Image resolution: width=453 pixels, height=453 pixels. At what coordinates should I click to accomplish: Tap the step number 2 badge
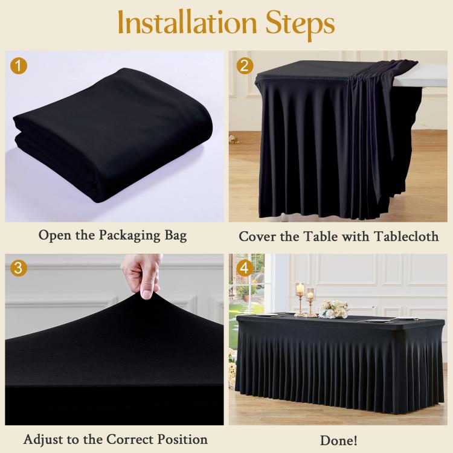coord(244,65)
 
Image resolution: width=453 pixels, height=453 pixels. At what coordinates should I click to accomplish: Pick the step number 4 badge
coord(244,268)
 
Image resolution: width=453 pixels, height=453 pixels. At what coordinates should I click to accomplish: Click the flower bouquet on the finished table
coord(334,309)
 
